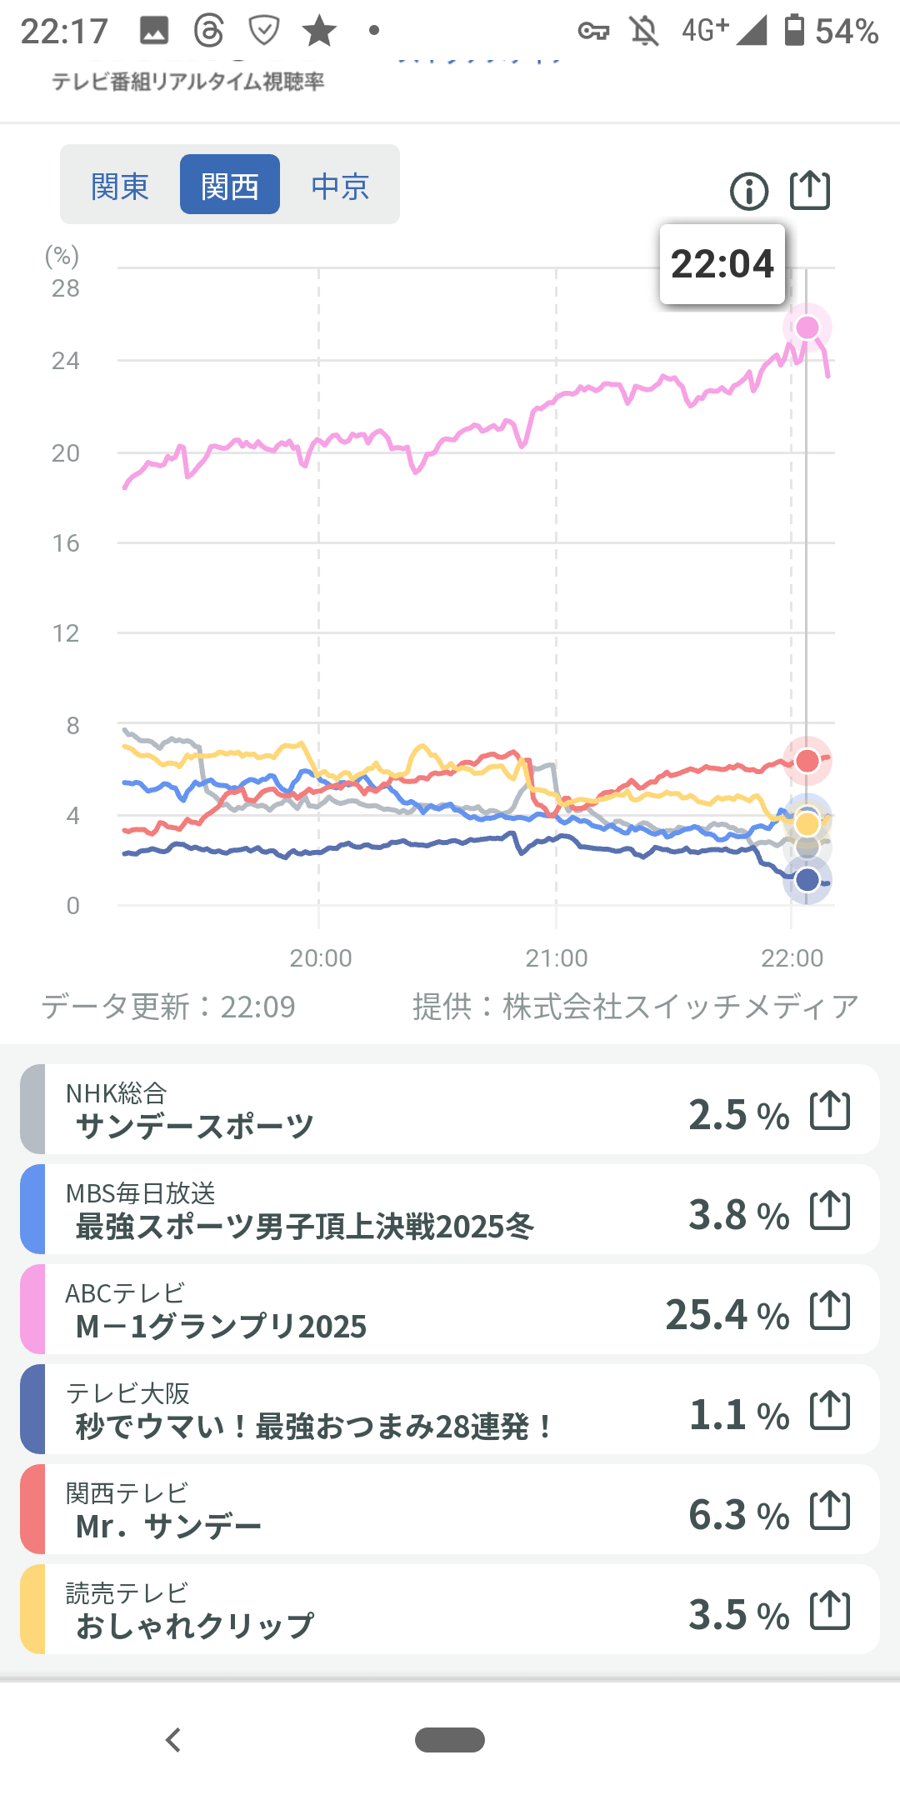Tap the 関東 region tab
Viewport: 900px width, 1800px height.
point(120,185)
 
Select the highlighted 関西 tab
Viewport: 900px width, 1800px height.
point(230,185)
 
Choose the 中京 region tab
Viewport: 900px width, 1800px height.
point(340,185)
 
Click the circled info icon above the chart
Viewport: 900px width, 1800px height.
point(749,191)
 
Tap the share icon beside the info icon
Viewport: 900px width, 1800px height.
point(809,190)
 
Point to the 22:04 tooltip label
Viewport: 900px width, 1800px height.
point(722,263)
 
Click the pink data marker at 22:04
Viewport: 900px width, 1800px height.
point(807,327)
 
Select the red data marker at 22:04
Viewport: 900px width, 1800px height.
point(807,760)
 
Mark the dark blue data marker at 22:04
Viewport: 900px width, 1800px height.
point(807,880)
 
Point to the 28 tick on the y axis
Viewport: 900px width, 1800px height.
point(66,288)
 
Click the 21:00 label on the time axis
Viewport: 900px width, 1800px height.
point(557,958)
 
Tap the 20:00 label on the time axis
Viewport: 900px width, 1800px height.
point(321,958)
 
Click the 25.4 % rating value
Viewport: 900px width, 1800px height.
point(727,1315)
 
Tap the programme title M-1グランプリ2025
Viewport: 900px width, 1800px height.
point(221,1327)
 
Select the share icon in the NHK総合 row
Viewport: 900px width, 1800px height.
point(830,1110)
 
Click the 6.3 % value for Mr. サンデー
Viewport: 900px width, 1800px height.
point(738,1515)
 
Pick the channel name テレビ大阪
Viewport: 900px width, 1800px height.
point(128,1392)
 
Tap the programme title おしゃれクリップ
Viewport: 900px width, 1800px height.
point(195,1626)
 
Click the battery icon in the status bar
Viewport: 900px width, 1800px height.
point(795,30)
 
